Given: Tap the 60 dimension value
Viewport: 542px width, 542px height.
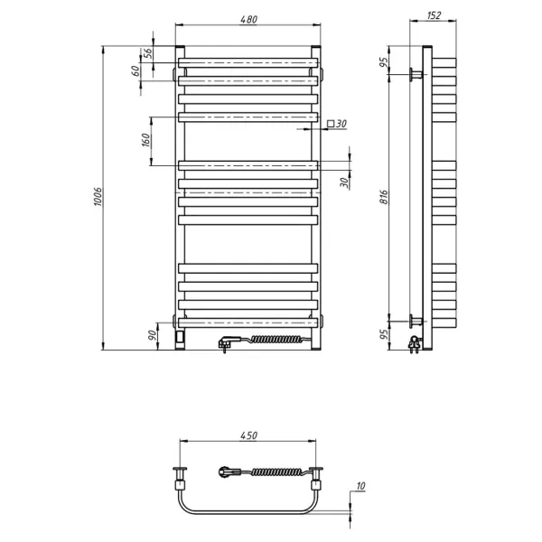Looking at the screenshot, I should (137, 70).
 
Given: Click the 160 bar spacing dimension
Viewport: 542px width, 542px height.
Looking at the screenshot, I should (145, 140).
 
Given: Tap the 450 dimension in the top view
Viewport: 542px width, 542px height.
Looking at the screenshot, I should (249, 435).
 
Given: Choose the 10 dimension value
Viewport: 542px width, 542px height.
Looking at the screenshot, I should (361, 488).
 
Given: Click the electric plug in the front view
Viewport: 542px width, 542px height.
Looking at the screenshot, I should (226, 342).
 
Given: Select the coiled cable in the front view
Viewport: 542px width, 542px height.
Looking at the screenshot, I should (271, 341).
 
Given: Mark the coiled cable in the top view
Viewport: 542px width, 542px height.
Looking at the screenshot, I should (271, 471).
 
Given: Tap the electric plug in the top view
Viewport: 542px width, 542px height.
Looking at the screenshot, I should (226, 471).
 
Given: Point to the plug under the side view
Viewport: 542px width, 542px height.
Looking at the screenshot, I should (415, 343).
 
